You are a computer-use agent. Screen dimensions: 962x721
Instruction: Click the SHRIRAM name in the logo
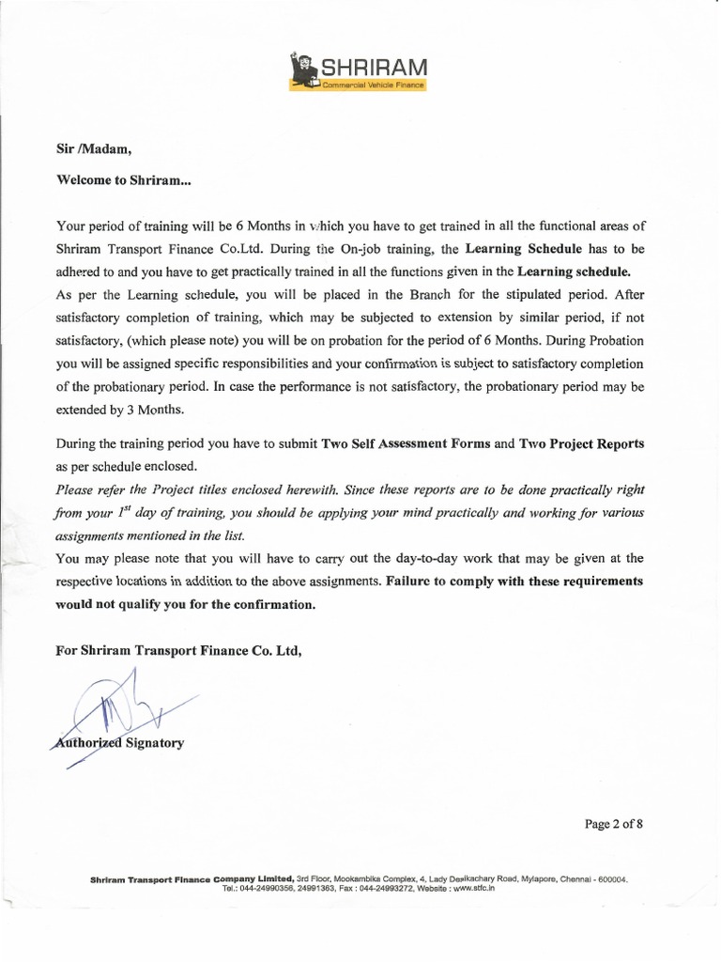click(374, 67)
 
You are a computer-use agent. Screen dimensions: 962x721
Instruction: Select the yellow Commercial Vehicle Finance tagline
click(374, 85)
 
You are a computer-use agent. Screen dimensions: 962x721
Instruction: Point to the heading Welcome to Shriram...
click(123, 178)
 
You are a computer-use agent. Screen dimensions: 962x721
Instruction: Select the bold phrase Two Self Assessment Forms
click(406, 443)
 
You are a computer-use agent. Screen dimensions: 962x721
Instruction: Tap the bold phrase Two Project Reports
click(582, 443)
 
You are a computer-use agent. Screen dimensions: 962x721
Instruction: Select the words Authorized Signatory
click(120, 743)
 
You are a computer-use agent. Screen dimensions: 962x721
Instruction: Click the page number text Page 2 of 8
click(614, 825)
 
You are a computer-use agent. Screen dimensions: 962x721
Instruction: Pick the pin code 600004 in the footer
click(612, 880)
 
